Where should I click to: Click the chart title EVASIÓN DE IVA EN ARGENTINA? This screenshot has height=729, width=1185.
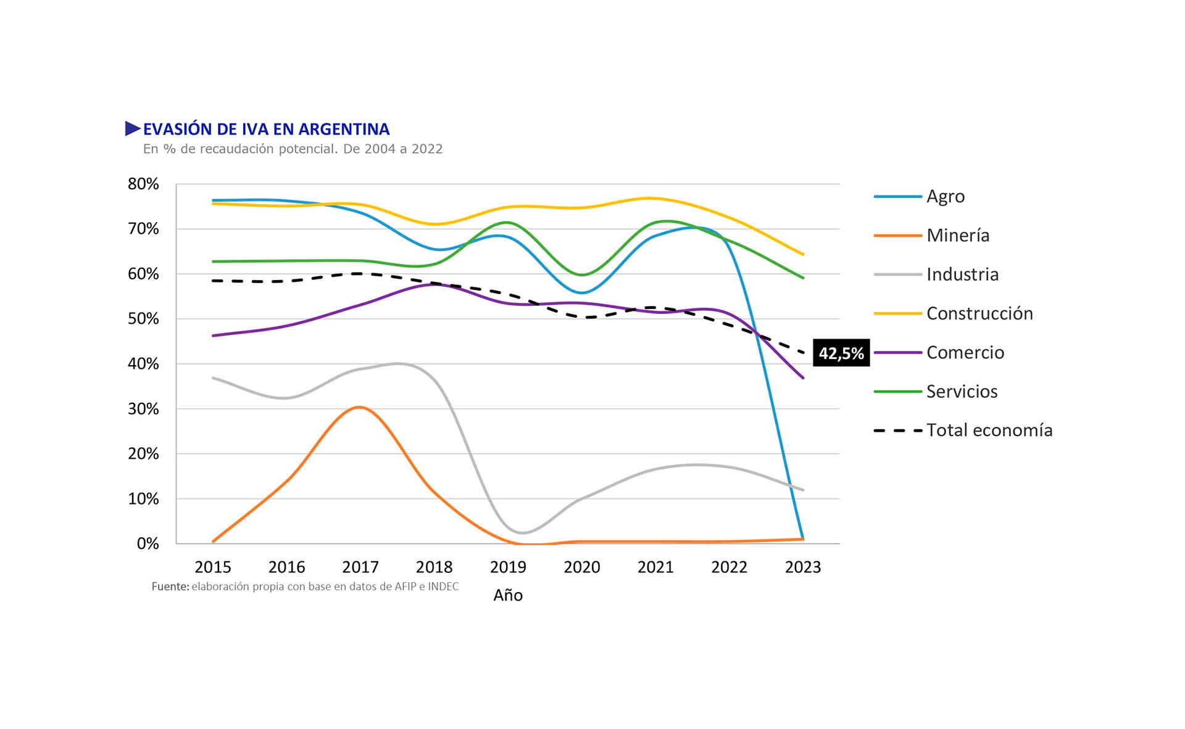(266, 129)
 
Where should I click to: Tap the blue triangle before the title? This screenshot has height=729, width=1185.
(133, 129)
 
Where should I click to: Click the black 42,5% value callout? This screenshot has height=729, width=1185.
(841, 353)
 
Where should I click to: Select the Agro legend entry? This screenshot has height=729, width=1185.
(945, 197)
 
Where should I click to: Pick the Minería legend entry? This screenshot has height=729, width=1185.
(957, 236)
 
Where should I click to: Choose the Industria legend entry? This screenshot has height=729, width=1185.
(962, 274)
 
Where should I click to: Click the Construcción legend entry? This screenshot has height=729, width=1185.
(979, 313)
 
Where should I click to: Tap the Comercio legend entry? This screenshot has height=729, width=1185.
(965, 353)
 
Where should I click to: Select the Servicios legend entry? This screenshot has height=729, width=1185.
(962, 392)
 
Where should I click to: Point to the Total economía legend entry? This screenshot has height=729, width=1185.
(989, 430)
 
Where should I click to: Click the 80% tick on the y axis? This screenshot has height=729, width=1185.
(143, 184)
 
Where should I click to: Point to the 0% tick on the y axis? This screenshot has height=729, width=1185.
(148, 544)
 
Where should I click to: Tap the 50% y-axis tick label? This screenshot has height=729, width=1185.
(143, 319)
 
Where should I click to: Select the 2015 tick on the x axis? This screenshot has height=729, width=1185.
(213, 567)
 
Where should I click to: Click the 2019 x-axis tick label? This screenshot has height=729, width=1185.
(508, 567)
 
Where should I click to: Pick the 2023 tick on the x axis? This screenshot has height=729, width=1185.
(803, 567)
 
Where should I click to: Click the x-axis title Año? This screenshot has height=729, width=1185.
(508, 596)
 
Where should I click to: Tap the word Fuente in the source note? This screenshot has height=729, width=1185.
(170, 587)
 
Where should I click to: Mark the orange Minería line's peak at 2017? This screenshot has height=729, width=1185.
(360, 407)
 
